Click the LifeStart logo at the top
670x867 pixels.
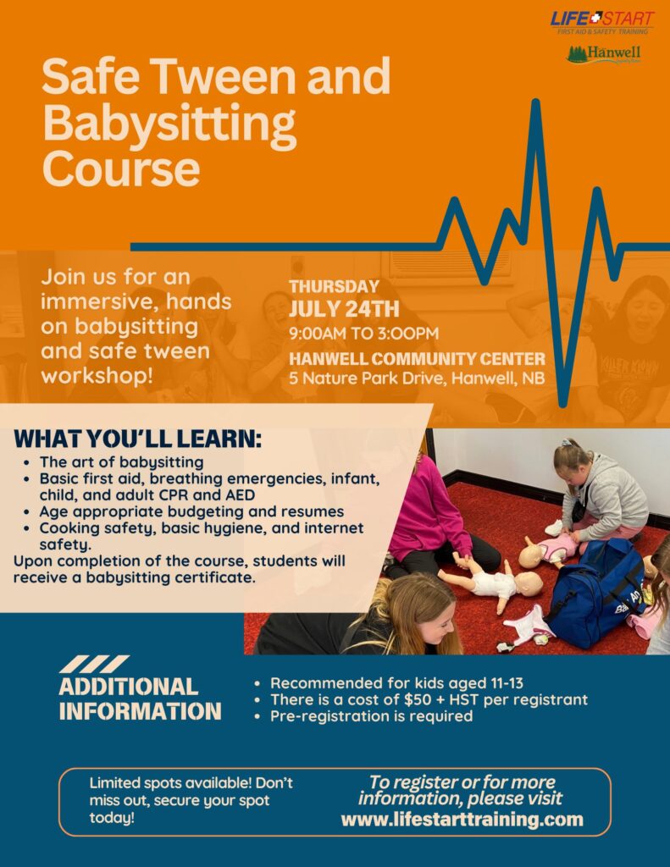(602, 22)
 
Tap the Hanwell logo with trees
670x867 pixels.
(603, 55)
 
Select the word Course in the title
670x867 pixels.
(120, 168)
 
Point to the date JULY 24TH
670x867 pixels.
(344, 309)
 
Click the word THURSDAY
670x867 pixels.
(334, 286)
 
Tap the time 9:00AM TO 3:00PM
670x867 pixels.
(363, 334)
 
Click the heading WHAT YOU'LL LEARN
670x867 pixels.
(138, 439)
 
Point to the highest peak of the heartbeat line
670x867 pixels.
(535, 102)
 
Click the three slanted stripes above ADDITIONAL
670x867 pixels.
(93, 664)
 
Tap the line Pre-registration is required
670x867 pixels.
(371, 716)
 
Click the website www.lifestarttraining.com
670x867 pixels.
(462, 819)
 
